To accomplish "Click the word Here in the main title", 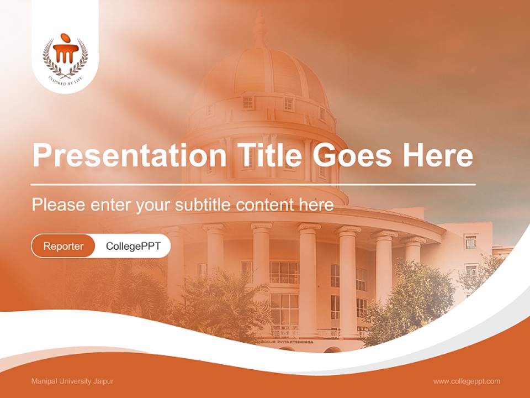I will (x=437, y=155).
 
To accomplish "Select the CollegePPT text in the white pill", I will (x=133, y=246).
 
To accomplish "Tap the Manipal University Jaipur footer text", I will (x=72, y=381).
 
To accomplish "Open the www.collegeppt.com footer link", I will (x=467, y=381).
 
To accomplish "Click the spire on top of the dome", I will (x=260, y=28).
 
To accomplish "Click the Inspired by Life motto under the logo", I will (x=65, y=78).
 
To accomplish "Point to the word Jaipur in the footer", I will (x=103, y=381).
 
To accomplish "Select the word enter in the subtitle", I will (x=111, y=205).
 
